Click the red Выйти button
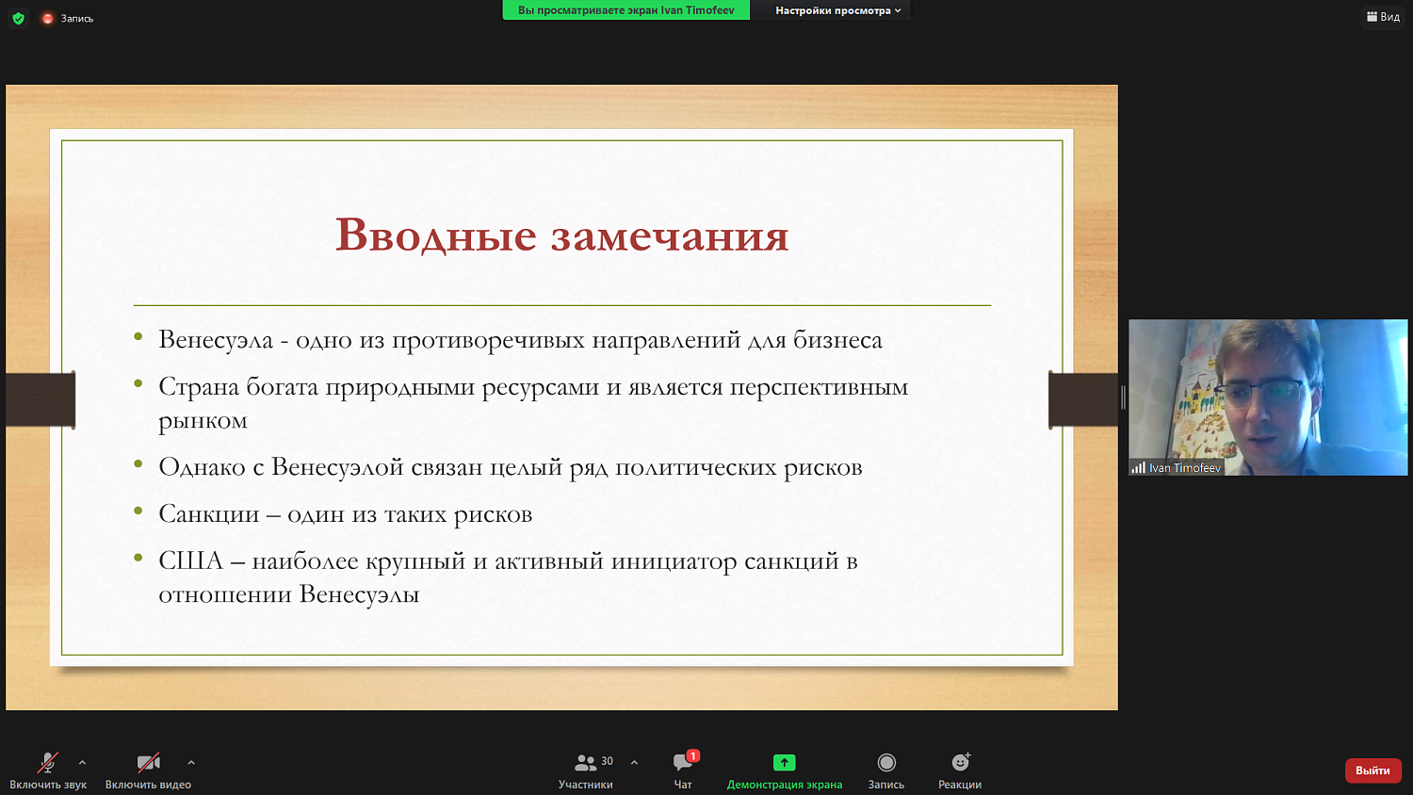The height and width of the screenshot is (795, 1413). coord(1372,771)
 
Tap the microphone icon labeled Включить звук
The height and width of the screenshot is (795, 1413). coord(48,763)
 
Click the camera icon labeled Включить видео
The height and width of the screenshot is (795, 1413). coord(148,763)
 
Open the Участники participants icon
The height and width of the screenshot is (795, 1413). coord(586,763)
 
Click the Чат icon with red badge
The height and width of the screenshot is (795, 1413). coord(683,763)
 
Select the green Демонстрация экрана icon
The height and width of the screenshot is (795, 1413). coord(784,763)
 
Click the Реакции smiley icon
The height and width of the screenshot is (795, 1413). coord(960,763)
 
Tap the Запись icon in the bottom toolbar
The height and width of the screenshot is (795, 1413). coord(885,763)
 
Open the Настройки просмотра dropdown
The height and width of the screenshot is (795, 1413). coord(837,10)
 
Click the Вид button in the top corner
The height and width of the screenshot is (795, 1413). coord(1383,17)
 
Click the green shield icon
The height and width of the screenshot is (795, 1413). coord(18,19)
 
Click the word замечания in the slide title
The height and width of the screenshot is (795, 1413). coord(670,235)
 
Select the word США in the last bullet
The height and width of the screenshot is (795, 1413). coord(191,561)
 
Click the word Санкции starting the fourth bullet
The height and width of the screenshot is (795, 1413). coord(208,514)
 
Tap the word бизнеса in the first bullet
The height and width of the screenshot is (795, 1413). coord(837,340)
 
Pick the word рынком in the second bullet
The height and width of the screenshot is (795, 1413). coord(203,421)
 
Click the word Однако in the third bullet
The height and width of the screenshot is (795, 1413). coord(202,467)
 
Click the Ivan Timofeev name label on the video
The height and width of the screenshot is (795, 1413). coord(1184,468)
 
